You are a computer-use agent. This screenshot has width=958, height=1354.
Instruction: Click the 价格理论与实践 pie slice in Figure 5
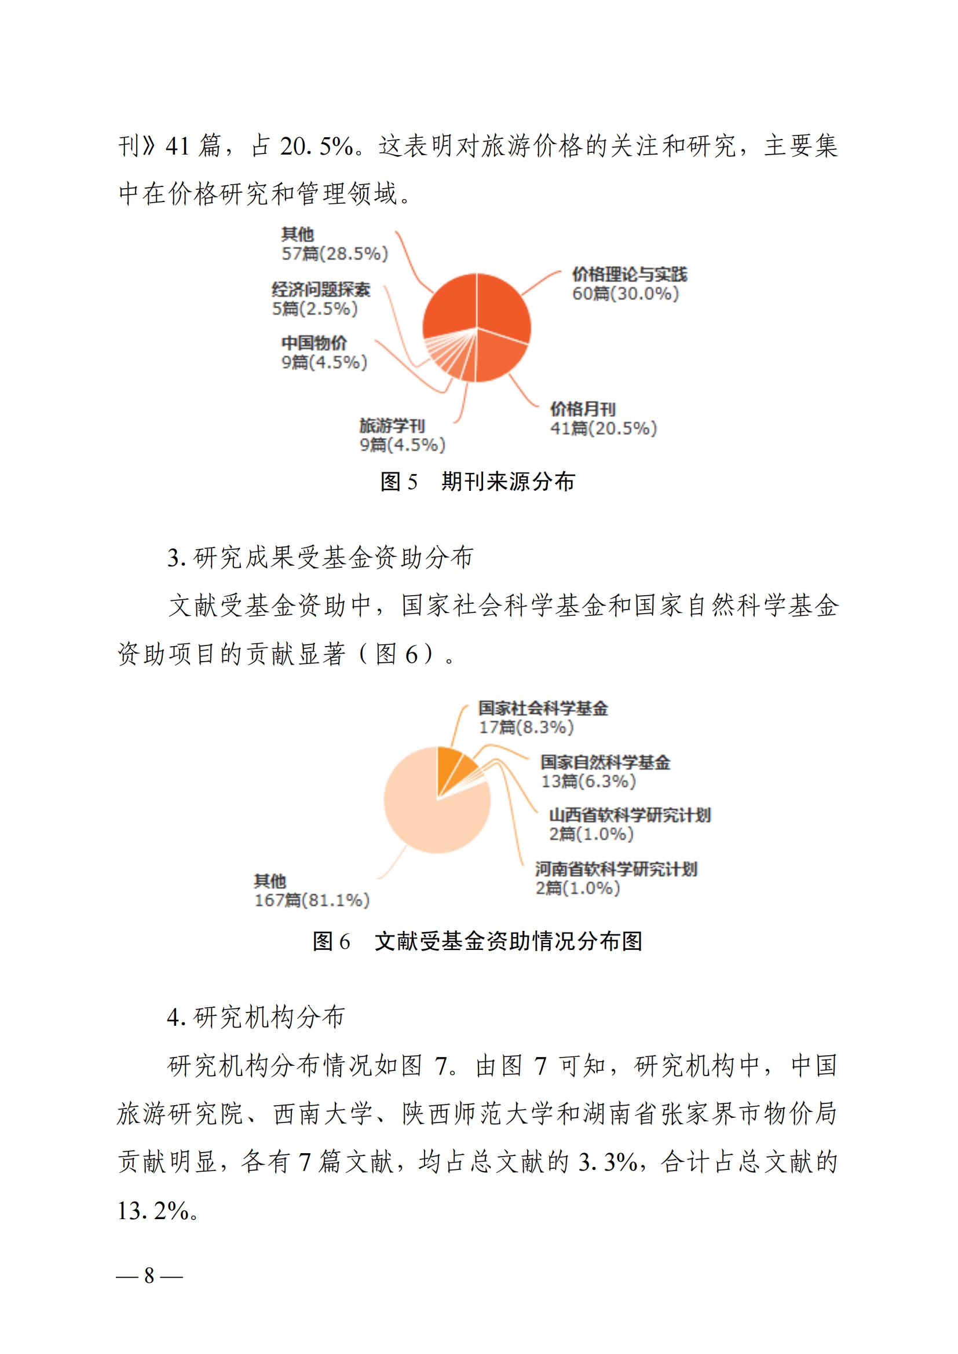click(x=502, y=307)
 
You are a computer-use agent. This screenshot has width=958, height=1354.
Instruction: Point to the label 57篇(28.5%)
click(x=334, y=254)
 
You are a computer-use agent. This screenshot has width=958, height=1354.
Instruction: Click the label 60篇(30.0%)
click(x=626, y=293)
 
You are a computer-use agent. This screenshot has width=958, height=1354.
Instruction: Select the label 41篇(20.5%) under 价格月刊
click(x=603, y=428)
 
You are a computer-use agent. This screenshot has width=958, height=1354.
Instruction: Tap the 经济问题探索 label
click(x=321, y=289)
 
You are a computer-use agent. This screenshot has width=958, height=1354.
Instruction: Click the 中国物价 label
click(x=314, y=343)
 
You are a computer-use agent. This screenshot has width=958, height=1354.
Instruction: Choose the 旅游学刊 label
click(x=392, y=425)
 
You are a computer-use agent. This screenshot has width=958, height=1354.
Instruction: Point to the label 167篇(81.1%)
click(x=312, y=900)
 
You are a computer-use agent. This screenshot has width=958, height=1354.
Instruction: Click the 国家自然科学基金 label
click(x=605, y=762)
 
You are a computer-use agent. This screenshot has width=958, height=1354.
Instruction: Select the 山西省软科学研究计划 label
click(x=630, y=815)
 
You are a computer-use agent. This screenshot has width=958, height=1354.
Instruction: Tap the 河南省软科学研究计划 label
click(x=616, y=869)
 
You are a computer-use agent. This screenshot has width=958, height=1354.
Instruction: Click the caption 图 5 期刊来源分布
click(x=478, y=482)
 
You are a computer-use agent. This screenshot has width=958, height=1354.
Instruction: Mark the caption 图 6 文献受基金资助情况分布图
click(x=478, y=941)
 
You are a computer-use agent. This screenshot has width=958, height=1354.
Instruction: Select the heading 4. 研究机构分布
click(x=255, y=1017)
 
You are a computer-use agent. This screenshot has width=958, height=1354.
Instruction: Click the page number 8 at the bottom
click(x=149, y=1276)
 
